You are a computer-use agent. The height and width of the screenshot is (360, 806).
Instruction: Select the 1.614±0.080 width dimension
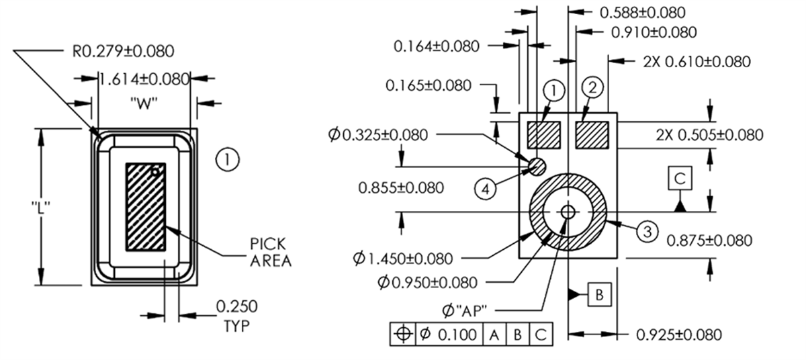144,79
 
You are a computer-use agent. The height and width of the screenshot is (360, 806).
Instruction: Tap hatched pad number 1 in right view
543,134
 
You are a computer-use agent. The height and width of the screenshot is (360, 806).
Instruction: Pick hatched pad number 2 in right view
592,134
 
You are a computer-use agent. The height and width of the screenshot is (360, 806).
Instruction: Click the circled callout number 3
645,232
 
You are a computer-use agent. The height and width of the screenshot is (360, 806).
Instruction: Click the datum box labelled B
600,294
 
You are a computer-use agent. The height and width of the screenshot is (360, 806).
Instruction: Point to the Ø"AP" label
464,310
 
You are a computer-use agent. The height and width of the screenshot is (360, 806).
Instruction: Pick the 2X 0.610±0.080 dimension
696,61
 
